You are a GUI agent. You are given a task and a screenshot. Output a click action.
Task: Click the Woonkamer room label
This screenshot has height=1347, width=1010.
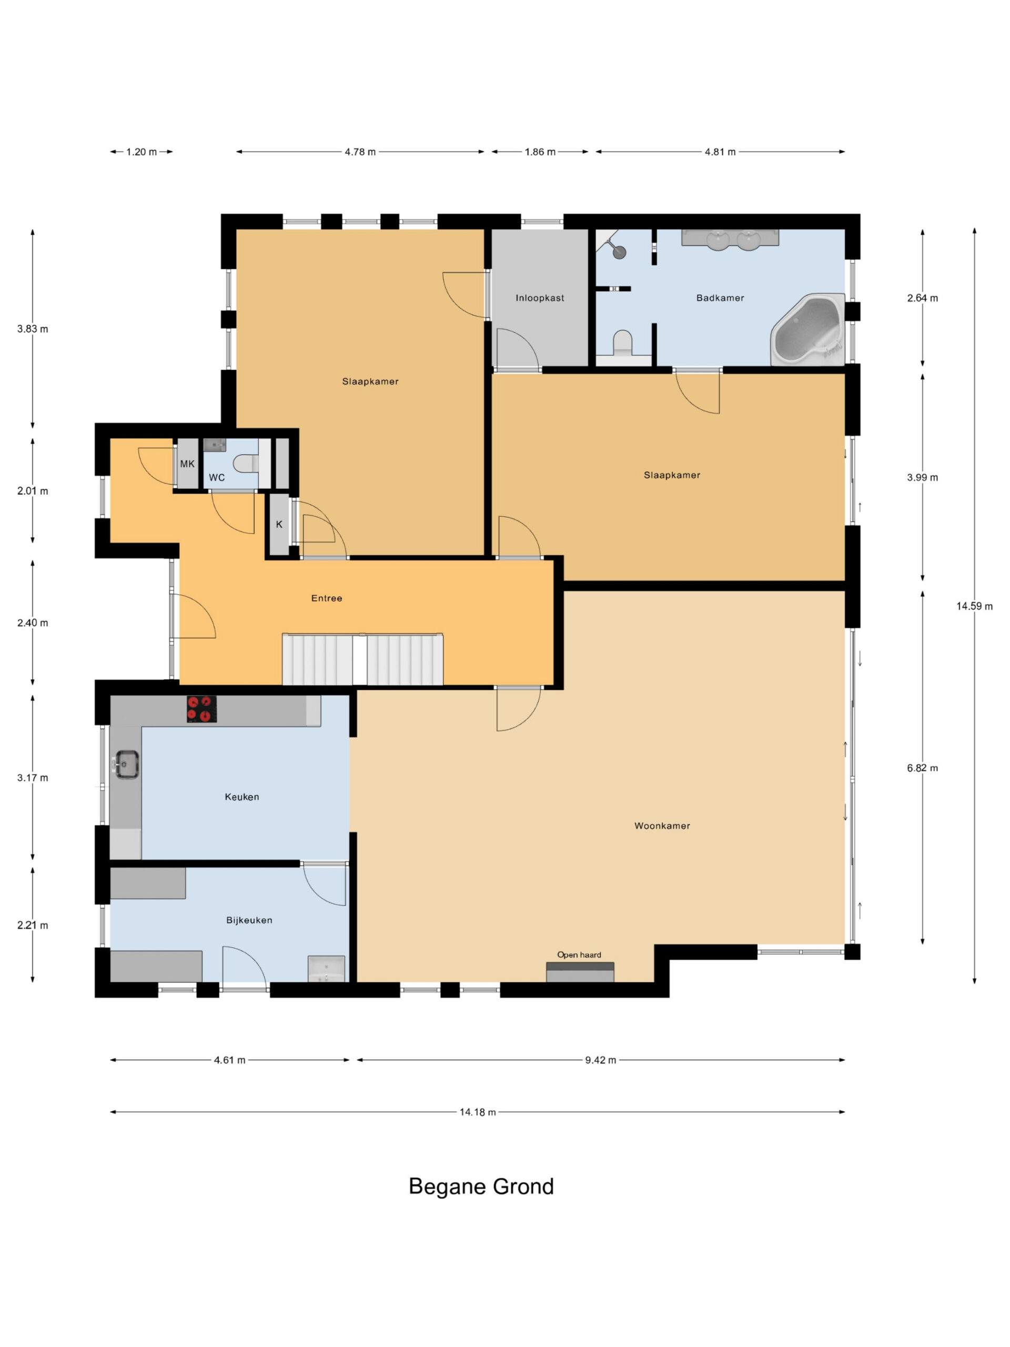[x=662, y=826]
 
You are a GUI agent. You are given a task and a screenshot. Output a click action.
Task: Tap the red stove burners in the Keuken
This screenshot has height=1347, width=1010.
[x=201, y=709]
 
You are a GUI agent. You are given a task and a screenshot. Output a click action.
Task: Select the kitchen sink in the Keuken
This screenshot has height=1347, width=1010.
[x=127, y=764]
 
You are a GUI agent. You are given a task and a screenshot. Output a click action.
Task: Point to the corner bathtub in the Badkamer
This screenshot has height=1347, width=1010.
[x=808, y=330]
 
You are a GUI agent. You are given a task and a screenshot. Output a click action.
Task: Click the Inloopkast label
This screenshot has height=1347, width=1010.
[x=539, y=298]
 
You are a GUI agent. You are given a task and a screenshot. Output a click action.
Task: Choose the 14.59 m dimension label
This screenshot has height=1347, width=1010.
[x=974, y=606]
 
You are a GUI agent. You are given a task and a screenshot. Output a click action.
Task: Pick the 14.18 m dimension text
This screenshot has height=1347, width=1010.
[x=477, y=1112]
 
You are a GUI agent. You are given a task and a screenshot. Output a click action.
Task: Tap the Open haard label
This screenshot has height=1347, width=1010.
[x=579, y=954]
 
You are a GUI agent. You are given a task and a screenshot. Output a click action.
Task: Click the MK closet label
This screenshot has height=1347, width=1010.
[x=187, y=464]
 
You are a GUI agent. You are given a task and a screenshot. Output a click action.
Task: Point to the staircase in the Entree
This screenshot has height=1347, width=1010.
[x=362, y=659]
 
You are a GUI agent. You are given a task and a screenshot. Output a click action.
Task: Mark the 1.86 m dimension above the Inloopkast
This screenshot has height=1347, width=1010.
[x=540, y=152]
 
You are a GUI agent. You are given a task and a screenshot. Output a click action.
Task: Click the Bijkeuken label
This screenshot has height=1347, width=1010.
[x=249, y=920]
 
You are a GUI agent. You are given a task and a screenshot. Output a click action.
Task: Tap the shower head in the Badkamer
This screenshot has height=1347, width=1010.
[x=619, y=252]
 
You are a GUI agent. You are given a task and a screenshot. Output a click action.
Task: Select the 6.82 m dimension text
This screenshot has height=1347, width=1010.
[x=922, y=768]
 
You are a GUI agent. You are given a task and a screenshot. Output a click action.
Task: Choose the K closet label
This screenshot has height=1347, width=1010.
[x=279, y=524]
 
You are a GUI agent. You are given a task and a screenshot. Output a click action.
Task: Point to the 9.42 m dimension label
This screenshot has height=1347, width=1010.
[x=600, y=1060]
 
